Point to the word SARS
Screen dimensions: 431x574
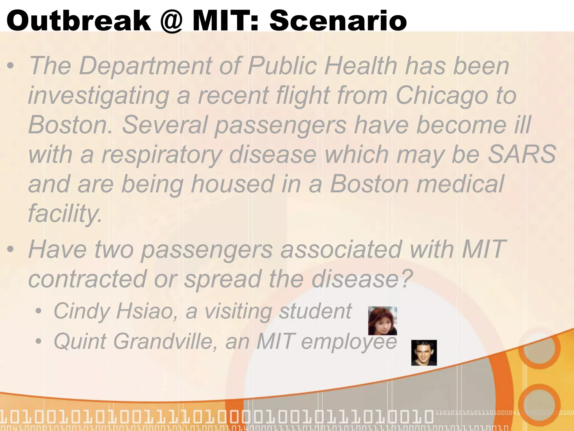522,154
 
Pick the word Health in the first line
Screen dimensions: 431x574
361,66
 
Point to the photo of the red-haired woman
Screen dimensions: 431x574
382,321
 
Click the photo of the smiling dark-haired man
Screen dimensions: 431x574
424,353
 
